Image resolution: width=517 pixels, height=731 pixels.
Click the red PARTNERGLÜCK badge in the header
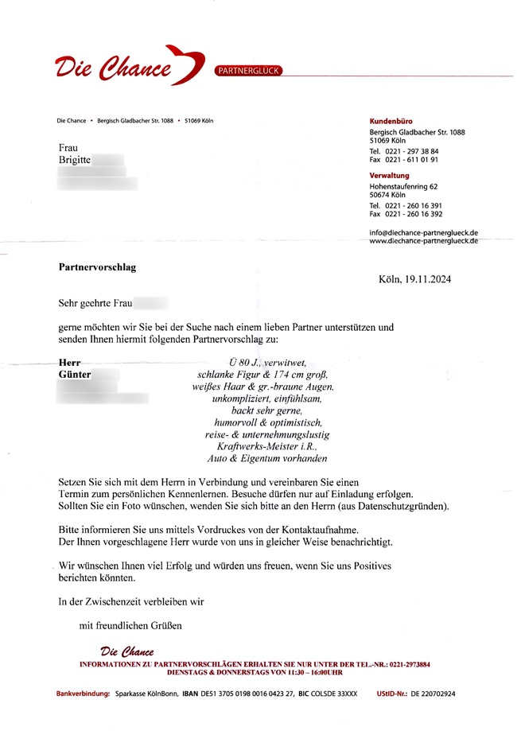pyautogui.click(x=249, y=70)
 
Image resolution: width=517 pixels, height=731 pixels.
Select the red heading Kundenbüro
pyautogui.click(x=391, y=121)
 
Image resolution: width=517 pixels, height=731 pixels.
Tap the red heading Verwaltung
pyautogui.click(x=390, y=175)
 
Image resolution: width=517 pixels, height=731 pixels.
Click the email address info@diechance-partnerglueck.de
pyautogui.click(x=423, y=232)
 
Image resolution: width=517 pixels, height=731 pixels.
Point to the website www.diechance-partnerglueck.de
pyautogui.click(x=423, y=240)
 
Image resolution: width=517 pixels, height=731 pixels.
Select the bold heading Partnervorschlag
pyautogui.click(x=97, y=267)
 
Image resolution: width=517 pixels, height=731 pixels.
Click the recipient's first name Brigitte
pyautogui.click(x=76, y=161)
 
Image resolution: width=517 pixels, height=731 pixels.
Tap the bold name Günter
pyautogui.click(x=75, y=374)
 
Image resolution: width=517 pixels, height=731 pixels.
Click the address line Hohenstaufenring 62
pyautogui.click(x=403, y=186)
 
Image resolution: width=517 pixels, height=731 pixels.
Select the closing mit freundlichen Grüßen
pyautogui.click(x=130, y=625)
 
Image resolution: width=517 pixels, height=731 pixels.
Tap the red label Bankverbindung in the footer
pyautogui.click(x=83, y=694)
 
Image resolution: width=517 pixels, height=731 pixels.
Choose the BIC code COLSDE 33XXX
pyautogui.click(x=336, y=694)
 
